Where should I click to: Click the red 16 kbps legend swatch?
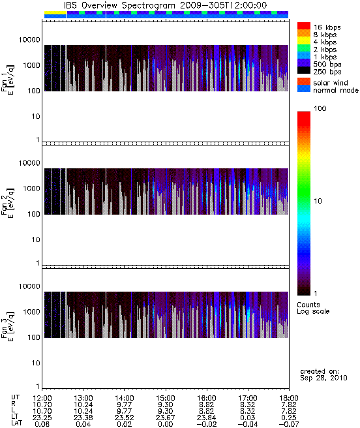304,25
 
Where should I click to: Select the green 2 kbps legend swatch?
304,48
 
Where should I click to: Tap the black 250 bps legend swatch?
304,70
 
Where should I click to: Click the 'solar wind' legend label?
331,83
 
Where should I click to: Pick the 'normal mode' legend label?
336,90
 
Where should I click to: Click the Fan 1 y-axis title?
8,80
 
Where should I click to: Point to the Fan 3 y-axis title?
8,326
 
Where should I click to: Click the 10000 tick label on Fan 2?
29,163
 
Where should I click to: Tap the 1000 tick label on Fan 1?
31,65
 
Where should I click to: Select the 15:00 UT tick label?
166,398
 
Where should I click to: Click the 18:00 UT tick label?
289,398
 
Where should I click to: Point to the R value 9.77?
124,405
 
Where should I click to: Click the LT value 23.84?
207,418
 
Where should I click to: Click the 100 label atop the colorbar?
320,108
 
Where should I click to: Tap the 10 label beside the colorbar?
318,201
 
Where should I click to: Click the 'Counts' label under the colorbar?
308,305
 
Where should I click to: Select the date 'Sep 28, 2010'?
323,378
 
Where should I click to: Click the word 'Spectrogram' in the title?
148,5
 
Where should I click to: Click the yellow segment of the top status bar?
55,12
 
